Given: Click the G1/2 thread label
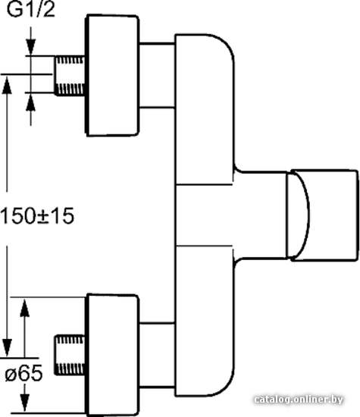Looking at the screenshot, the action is coord(30,10).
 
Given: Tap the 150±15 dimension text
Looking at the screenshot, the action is coord(37,216).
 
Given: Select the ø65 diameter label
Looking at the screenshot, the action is coord(24,373).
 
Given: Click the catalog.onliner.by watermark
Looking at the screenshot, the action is coord(299,400).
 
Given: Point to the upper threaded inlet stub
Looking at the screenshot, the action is coord(70,76).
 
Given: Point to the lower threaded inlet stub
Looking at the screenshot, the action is coord(70,356).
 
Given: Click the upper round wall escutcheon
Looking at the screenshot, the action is coord(112,76).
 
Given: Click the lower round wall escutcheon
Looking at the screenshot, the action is coord(112,355).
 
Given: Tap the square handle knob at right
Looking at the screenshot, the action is coord(325,215).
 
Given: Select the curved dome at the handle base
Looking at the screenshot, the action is coord(298,215).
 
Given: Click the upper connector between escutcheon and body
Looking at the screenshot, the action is coord(157,75).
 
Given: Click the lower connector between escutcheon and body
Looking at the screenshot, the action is coord(157,356).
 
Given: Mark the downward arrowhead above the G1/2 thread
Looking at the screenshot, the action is coord(31,46).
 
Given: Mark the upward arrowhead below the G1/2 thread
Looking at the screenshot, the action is coord(31,102).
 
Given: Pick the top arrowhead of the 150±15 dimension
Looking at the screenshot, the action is coord(7,85).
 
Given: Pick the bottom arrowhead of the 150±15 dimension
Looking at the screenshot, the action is coord(7,347).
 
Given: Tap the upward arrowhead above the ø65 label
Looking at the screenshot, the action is coord(25,307).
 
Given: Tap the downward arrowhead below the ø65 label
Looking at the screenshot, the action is coord(25,402).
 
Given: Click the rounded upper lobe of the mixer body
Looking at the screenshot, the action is coord(205,109).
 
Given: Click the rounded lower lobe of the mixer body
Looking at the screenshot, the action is coord(205,321).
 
